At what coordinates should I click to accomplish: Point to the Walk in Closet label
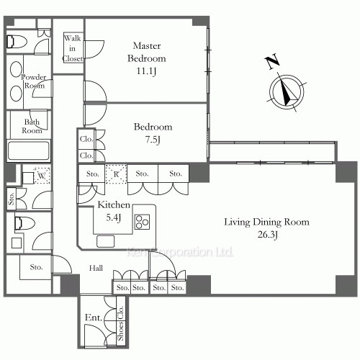[x=73, y=48]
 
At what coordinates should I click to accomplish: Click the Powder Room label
[x=34, y=81]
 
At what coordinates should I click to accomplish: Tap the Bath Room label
[x=31, y=127]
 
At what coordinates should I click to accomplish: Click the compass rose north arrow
[x=286, y=92]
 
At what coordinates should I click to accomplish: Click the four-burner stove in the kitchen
[x=143, y=221]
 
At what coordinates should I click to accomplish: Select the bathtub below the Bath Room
[x=29, y=152]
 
